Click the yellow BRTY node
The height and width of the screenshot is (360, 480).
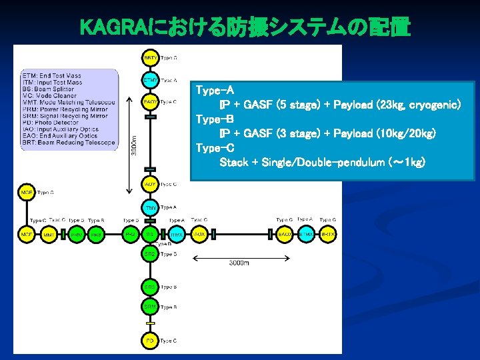(151, 58)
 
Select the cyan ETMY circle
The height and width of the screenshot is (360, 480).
(151, 80)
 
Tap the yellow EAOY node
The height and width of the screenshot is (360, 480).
(151, 102)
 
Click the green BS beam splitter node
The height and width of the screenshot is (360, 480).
(151, 235)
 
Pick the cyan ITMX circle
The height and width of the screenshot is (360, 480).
(176, 235)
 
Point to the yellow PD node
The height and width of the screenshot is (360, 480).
(151, 341)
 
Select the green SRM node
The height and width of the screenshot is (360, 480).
(151, 307)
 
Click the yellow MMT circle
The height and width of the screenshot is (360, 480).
(49, 235)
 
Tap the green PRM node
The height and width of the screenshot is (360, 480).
(77, 235)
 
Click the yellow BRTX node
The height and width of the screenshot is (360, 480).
(327, 235)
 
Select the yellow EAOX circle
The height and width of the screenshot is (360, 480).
(285, 235)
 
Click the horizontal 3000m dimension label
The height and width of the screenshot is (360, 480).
(239, 264)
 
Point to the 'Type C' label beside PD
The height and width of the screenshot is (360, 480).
(168, 341)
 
